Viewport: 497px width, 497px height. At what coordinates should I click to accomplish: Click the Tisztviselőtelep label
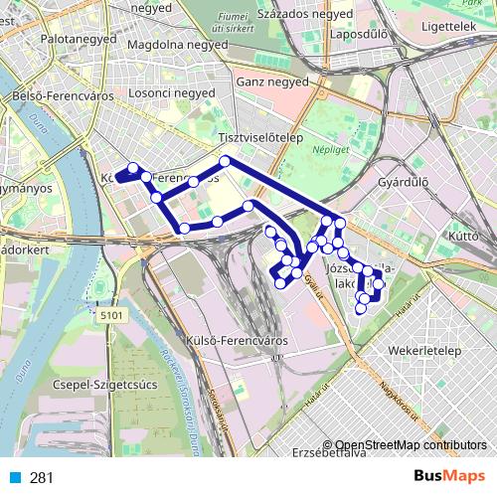(x=260, y=139)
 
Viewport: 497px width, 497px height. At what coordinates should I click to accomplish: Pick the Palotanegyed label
(x=49, y=41)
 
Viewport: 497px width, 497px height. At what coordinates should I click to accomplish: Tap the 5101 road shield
(x=114, y=315)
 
